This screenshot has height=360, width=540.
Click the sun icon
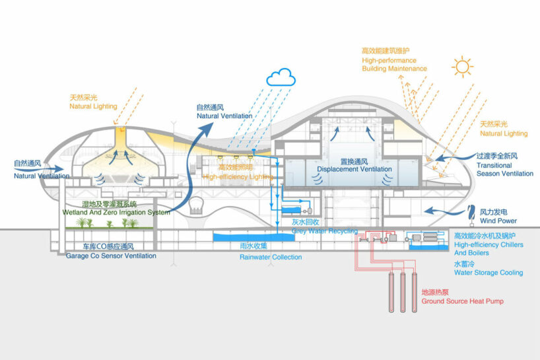tap(461, 69)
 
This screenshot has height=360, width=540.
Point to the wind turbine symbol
tap(471, 212)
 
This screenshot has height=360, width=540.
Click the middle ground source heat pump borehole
tap(402, 294)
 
